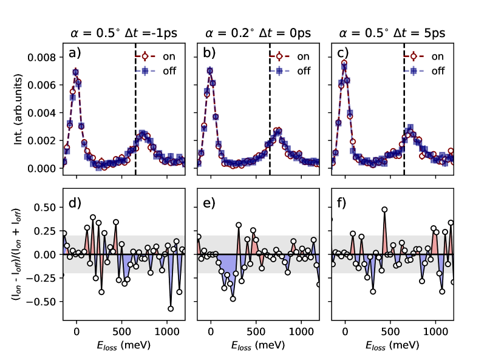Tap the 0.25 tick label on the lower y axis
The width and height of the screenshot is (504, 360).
coord(46,231)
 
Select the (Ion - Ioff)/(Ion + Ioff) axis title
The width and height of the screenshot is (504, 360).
coord(18,254)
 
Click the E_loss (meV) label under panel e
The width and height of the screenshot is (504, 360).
coord(258,345)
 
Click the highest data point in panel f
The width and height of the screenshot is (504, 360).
coord(384,209)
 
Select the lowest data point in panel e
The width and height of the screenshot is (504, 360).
coord(233,299)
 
